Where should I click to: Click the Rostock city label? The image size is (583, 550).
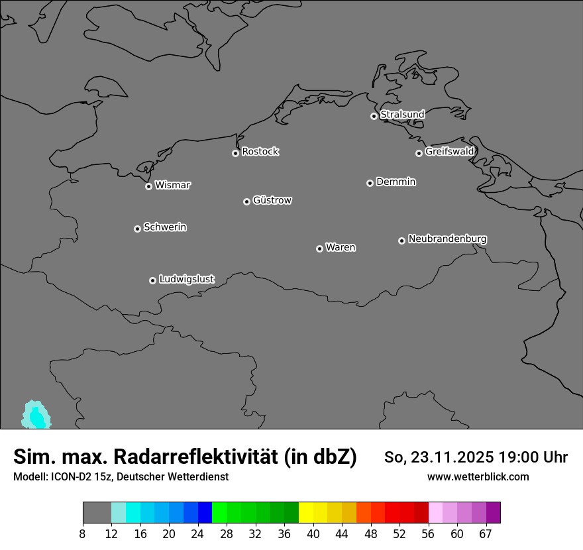(x=260, y=152)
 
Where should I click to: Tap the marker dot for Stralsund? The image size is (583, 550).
(x=374, y=116)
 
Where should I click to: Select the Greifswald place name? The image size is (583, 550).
(x=449, y=152)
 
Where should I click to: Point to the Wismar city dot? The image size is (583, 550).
(x=148, y=186)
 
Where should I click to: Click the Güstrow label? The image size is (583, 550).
(x=272, y=200)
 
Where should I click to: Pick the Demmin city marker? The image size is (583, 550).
(x=370, y=183)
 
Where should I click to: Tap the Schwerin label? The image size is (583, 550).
(x=165, y=227)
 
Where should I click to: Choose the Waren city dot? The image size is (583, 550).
(x=319, y=248)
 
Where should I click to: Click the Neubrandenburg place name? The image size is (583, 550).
(x=447, y=239)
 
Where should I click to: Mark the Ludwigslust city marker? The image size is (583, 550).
(x=152, y=280)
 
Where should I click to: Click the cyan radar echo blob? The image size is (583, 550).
(x=36, y=415)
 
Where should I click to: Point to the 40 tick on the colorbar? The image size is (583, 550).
(x=313, y=534)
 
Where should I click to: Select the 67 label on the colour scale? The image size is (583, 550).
(x=486, y=534)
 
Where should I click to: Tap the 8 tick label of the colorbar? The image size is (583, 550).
(x=83, y=534)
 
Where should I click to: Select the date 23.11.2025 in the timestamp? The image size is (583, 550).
(x=444, y=457)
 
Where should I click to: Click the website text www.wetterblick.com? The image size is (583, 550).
(x=478, y=477)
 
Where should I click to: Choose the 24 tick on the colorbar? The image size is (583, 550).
(x=198, y=534)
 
